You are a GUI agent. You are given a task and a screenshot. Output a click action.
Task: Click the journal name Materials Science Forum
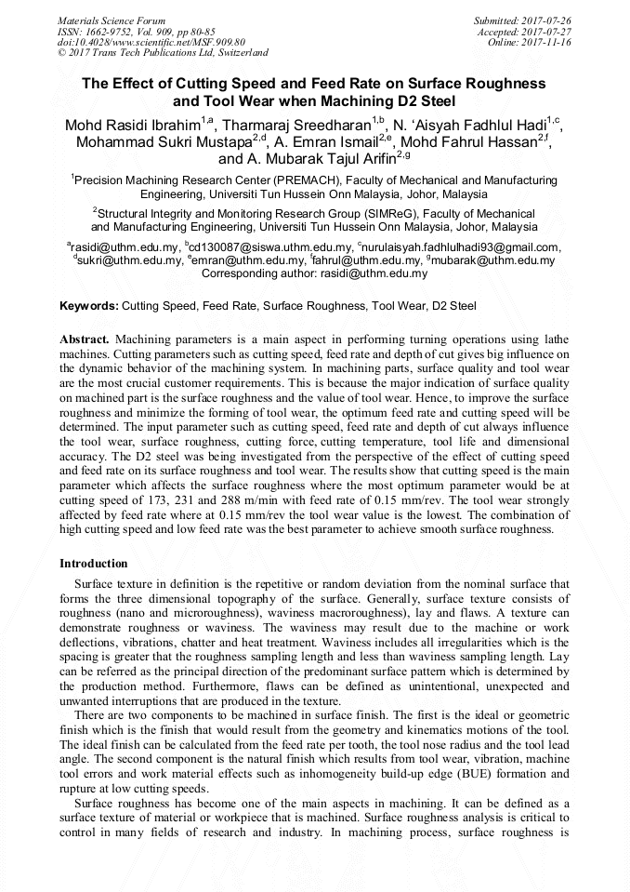(x=112, y=20)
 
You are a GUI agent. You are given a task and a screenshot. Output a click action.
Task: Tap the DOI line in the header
(x=151, y=43)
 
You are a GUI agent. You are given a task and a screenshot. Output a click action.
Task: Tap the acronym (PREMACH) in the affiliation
(x=318, y=180)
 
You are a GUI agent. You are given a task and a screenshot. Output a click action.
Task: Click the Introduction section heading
(x=94, y=564)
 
